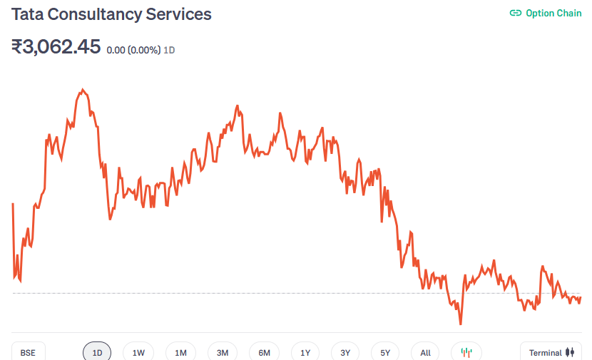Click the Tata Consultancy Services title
(111, 14)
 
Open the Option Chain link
(553, 14)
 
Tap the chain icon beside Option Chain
(515, 14)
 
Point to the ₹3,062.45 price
(56, 47)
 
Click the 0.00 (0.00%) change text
(133, 51)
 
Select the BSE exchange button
(28, 353)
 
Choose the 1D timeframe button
(98, 353)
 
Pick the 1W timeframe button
(138, 353)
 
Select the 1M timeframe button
(180, 353)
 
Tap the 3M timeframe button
(223, 353)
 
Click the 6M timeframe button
(264, 353)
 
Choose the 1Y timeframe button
(305, 353)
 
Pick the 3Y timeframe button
(345, 353)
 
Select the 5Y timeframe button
(385, 353)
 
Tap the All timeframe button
(425, 353)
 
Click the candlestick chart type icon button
(466, 353)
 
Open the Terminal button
(551, 353)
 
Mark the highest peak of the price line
(83, 90)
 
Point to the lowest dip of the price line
(461, 324)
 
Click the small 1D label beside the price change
(170, 51)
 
